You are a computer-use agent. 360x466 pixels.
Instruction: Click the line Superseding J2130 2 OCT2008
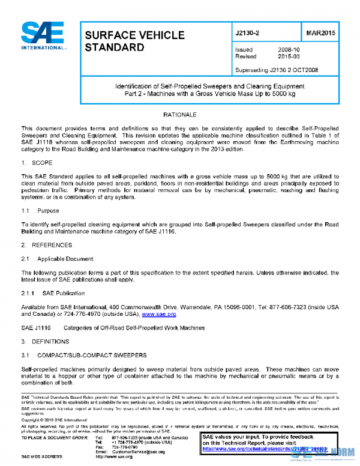coord(276,70)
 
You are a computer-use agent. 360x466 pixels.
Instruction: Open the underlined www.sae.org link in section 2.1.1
coord(158,314)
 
